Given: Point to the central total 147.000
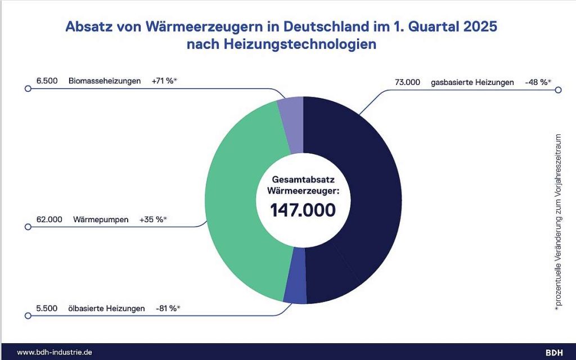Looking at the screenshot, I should point(303,210).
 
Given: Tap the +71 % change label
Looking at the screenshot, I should point(164,81).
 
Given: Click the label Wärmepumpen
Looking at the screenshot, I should point(100,219).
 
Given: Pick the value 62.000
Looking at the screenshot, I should point(47,219).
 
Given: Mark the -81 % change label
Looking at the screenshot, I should point(172,308).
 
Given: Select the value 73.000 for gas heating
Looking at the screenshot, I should point(408,82).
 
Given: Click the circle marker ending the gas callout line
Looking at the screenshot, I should point(558,89).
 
